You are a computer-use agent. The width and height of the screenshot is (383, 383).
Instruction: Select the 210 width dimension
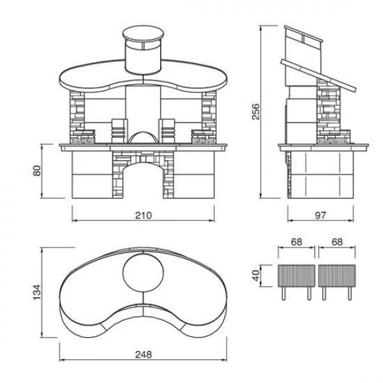(143, 215)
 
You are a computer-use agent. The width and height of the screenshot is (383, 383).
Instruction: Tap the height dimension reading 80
(38, 171)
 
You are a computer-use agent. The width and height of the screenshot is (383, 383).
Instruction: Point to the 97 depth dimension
(322, 215)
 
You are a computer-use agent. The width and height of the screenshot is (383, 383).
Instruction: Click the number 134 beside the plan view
(36, 292)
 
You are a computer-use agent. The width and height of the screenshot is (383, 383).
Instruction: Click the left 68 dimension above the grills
(296, 243)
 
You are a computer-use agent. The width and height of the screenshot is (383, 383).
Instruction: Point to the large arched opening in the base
(143, 181)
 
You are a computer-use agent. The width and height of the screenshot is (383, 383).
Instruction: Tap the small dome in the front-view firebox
(143, 136)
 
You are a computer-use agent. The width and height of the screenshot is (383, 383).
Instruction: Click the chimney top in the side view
(304, 38)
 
